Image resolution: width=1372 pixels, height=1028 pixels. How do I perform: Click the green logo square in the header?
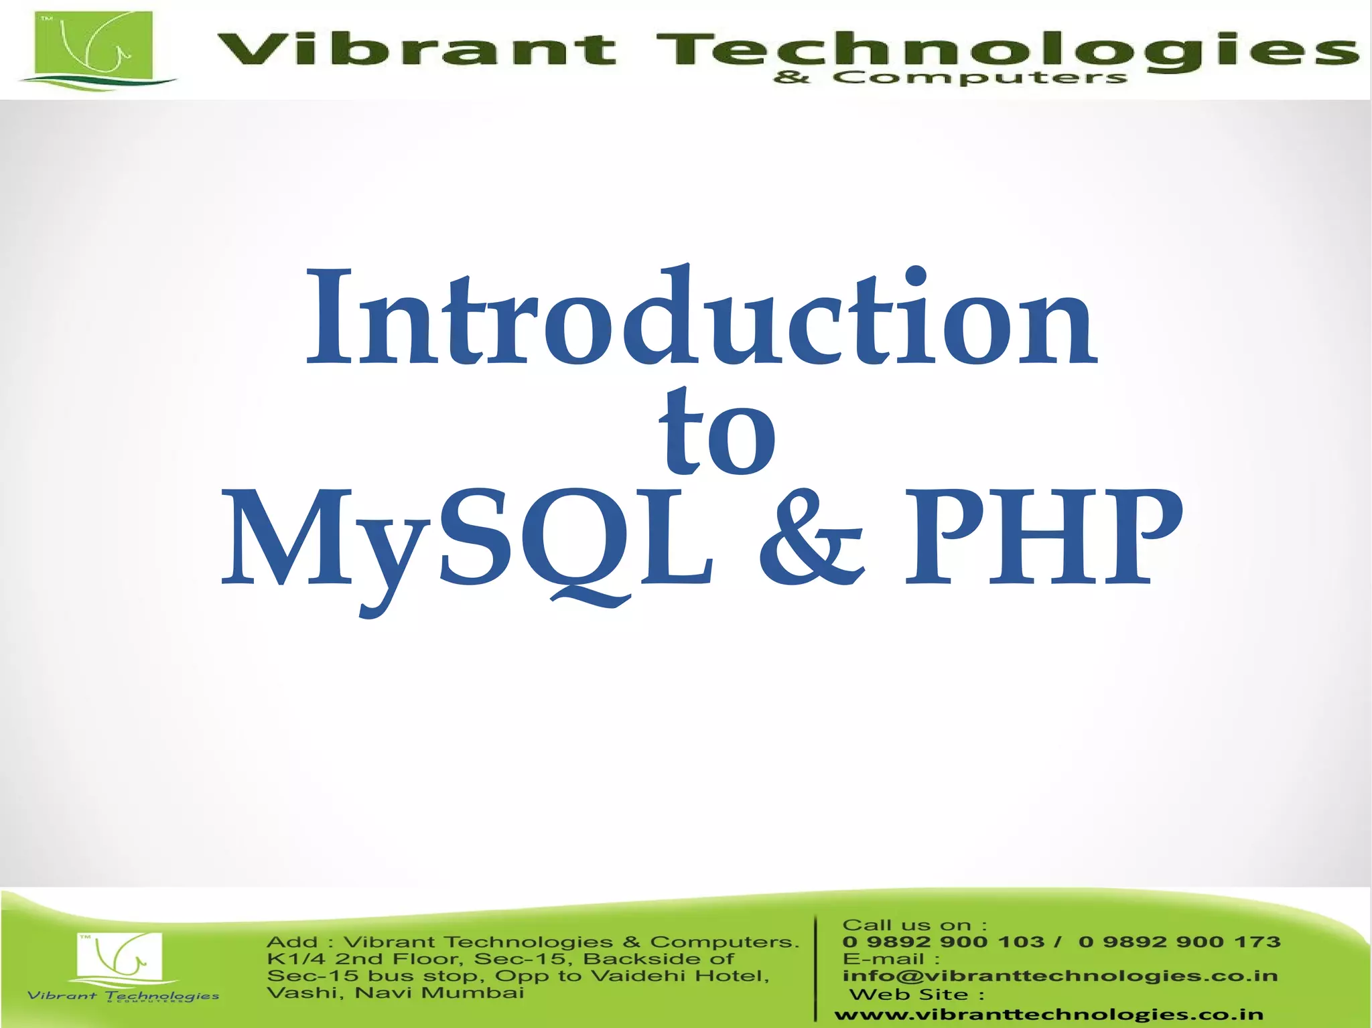93,46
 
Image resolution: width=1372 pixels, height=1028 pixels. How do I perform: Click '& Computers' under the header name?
950,78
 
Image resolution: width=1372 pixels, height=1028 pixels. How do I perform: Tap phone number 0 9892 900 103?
943,942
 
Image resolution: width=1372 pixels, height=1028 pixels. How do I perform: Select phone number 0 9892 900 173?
1179,942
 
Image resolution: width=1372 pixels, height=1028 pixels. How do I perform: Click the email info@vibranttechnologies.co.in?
1060,976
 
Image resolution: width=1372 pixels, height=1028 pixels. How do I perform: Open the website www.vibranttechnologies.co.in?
1048,1015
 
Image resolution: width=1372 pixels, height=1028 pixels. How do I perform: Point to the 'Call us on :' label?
914,926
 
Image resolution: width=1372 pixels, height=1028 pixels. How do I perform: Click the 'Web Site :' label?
916,995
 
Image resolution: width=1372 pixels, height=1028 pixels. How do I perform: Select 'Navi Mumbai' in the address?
439,993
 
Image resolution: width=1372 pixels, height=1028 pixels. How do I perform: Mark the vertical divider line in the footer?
816,968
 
